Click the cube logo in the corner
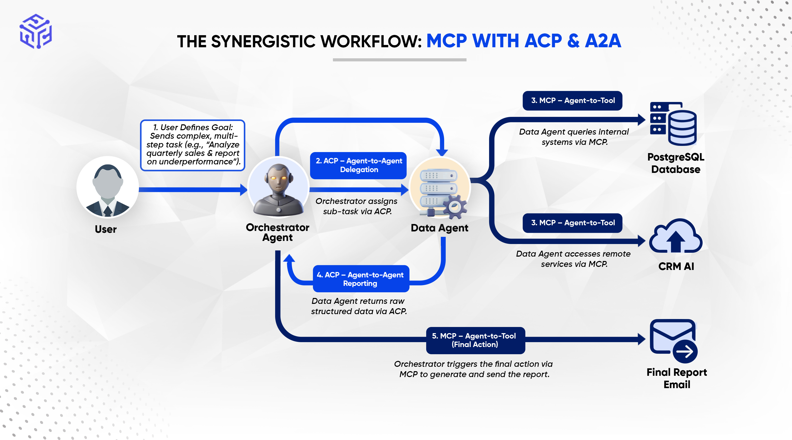tap(36, 31)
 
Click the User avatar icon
tap(107, 187)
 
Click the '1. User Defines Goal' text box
tap(192, 145)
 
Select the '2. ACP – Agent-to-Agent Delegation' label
tap(358, 165)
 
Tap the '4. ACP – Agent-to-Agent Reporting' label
tap(361, 279)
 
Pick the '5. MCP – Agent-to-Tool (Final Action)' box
tap(475, 340)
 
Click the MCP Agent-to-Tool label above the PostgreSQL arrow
tap(572, 100)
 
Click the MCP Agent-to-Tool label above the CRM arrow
tap(572, 223)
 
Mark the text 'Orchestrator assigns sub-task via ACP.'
tap(357, 206)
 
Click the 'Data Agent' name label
tap(439, 228)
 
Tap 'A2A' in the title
tap(603, 41)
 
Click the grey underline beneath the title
tap(399, 60)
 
